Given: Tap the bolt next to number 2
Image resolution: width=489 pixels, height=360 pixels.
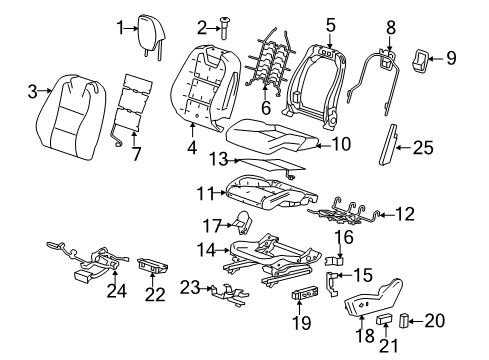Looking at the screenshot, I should coord(225,29).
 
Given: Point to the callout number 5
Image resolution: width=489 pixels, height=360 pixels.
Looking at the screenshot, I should coord(330,21).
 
